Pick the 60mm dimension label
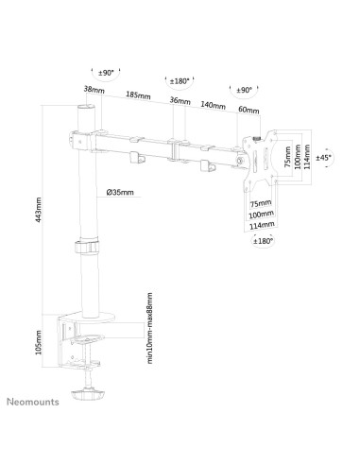pyautogui.click(x=248, y=110)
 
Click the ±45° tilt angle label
pyautogui.click(x=323, y=158)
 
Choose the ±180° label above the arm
pyautogui.click(x=176, y=80)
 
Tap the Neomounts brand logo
pyautogui.click(x=34, y=401)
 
